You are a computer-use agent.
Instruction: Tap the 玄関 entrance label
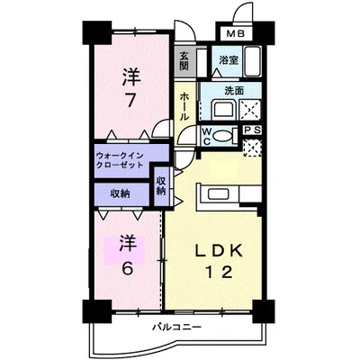point(184,61)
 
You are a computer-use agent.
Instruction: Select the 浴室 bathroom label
point(229,60)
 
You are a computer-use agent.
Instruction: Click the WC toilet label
point(205,137)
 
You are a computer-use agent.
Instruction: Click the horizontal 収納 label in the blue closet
point(120,193)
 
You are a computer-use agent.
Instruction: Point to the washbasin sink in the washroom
point(222,111)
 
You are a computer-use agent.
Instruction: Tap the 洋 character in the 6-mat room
point(128,242)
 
